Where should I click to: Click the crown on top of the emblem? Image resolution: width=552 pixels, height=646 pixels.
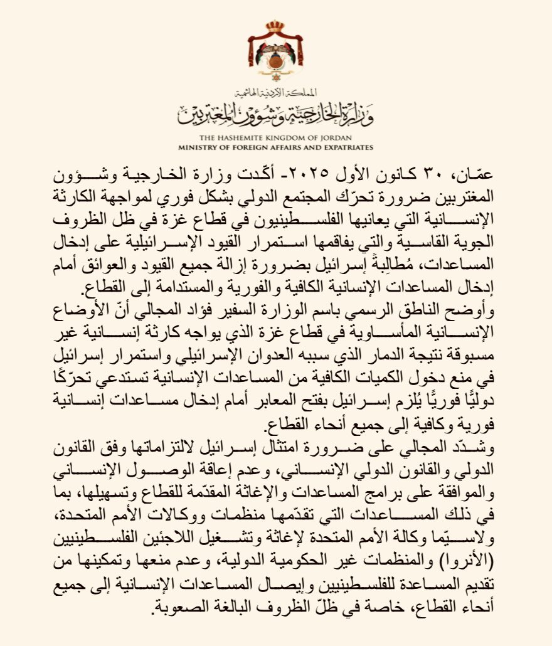(x=275, y=28)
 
